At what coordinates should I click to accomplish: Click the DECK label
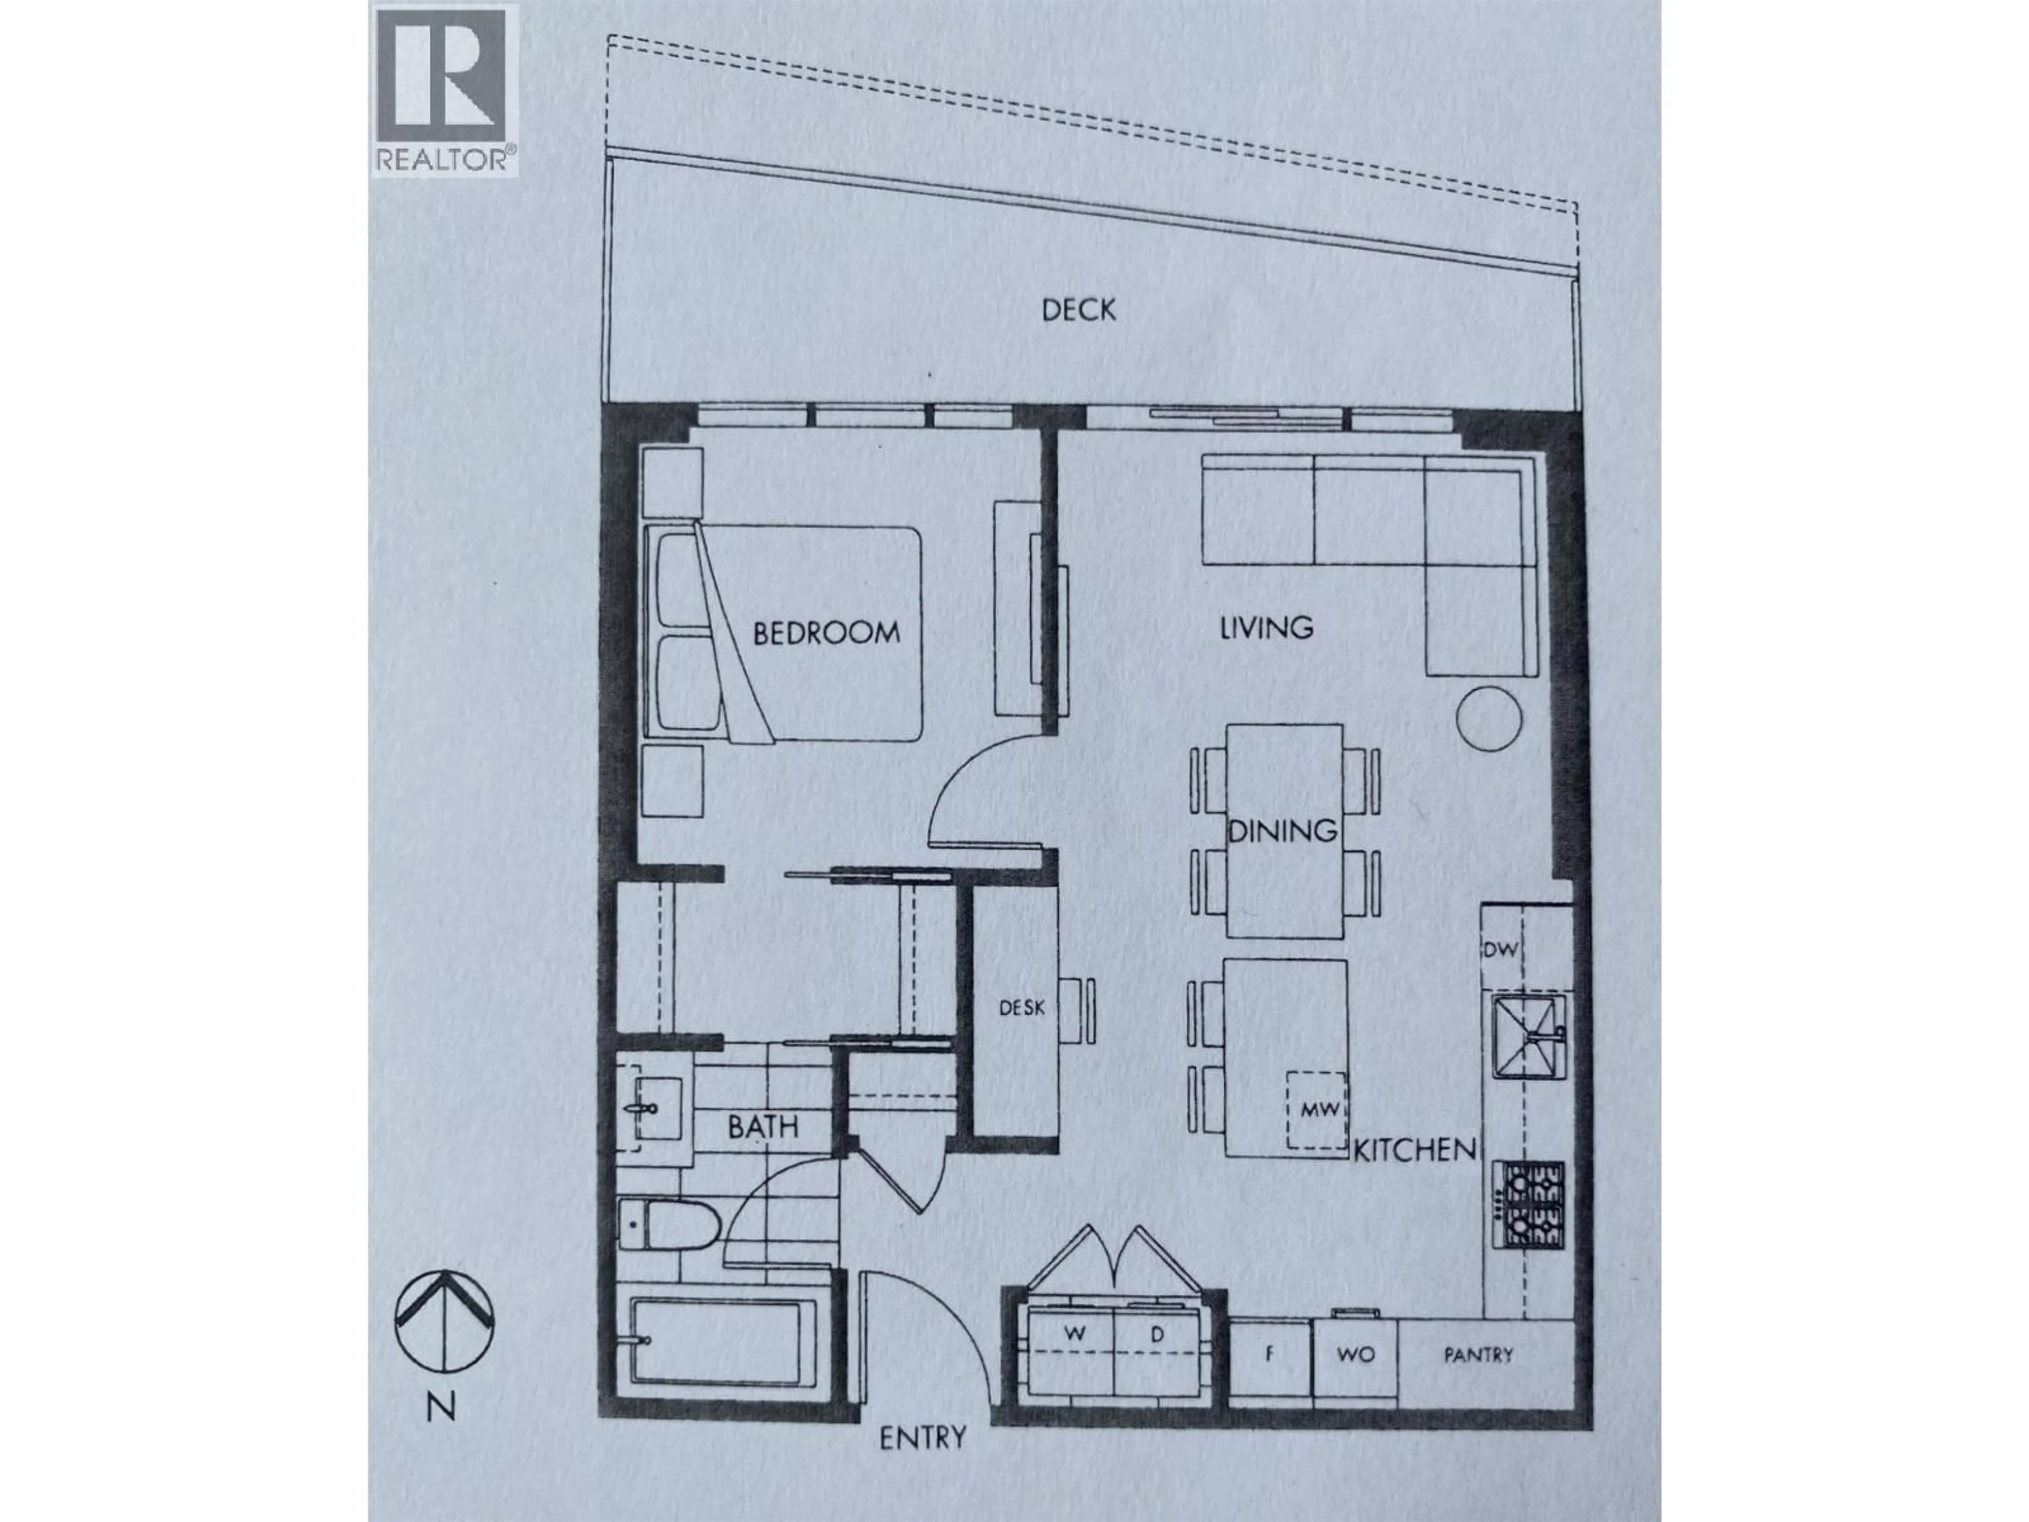coord(1079,310)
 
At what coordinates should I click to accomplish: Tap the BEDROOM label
coord(825,633)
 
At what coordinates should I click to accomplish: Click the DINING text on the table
coord(1282,831)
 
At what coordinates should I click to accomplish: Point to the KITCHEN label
coord(1414,1149)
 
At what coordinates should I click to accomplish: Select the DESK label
coord(1021,1007)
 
